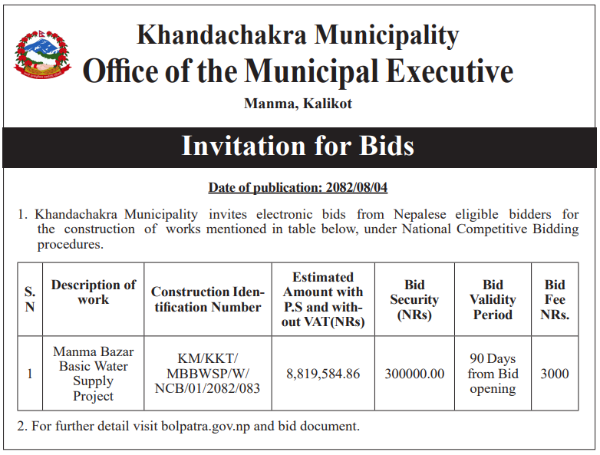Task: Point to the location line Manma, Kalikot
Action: click(x=298, y=103)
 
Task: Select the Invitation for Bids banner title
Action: click(x=298, y=146)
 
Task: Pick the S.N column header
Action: click(x=30, y=299)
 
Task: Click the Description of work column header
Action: click(x=93, y=292)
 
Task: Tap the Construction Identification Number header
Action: click(x=207, y=299)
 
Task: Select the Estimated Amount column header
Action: click(x=323, y=299)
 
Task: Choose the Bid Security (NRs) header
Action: click(x=414, y=299)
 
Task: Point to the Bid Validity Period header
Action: click(x=493, y=299)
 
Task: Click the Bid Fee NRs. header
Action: click(x=555, y=299)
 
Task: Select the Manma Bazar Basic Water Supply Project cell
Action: click(x=93, y=374)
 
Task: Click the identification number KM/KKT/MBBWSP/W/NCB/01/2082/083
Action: click(x=207, y=374)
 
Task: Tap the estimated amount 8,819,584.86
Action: click(x=323, y=374)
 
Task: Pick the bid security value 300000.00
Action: click(x=414, y=374)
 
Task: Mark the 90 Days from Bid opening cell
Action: click(x=493, y=374)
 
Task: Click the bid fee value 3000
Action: click(x=555, y=374)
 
